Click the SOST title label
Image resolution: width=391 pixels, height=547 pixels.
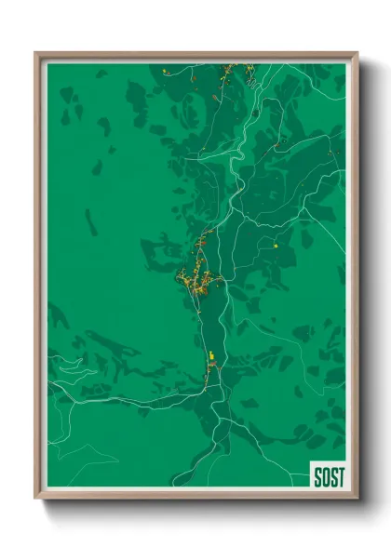click(328, 476)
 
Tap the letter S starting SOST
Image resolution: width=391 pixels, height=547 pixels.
click(317, 476)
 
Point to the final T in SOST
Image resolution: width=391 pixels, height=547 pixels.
click(341, 476)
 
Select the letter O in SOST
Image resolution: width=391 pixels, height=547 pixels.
click(325, 476)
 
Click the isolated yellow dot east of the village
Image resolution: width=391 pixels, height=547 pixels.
click(276, 246)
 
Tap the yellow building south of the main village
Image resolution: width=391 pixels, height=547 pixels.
click(212, 354)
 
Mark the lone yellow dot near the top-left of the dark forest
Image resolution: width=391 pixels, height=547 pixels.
click(165, 71)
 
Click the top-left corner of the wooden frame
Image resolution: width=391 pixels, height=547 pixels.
click(36, 53)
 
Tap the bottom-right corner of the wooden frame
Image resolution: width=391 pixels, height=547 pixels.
click(357, 498)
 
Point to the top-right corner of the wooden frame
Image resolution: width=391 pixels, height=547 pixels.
click(357, 53)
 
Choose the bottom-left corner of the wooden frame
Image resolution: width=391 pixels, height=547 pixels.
click(36, 498)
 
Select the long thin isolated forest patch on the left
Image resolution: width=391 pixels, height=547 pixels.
click(90, 221)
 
